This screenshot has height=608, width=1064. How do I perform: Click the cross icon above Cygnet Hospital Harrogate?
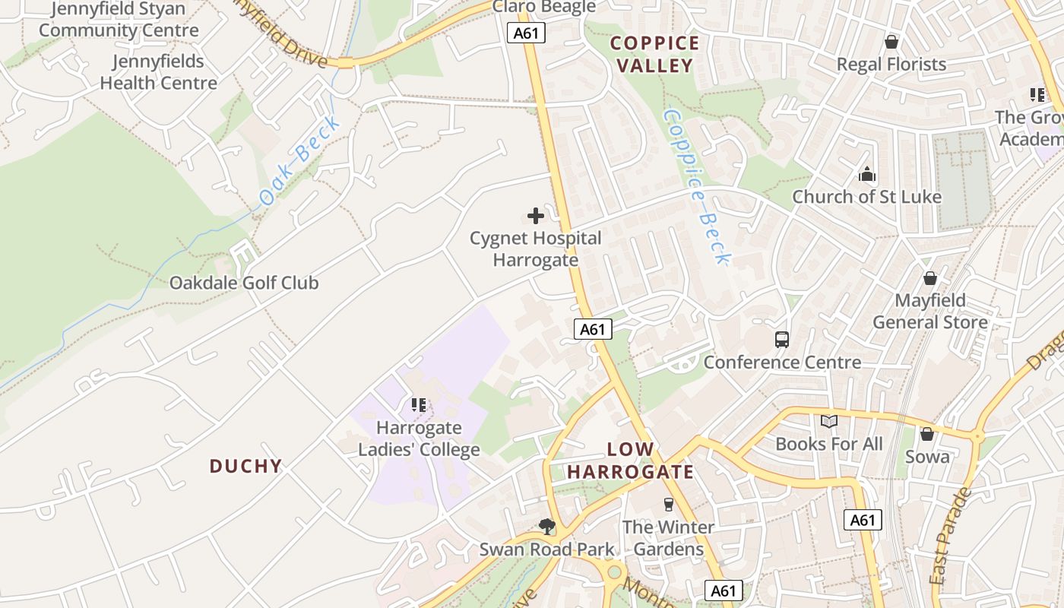536,216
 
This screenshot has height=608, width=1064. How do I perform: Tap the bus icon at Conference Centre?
782,340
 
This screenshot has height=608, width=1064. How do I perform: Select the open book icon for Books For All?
828,421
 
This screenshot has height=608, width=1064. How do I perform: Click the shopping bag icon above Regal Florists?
891,42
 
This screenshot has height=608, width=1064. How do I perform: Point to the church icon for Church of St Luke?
867,175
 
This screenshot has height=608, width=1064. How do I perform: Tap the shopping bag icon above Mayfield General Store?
930,278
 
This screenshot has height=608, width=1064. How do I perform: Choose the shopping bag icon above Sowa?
927,434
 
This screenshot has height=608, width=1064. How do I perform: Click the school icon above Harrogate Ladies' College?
419,405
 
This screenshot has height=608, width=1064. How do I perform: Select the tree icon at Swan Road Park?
546,526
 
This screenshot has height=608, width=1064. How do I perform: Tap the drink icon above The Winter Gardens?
669,505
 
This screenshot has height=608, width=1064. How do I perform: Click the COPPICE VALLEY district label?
655,54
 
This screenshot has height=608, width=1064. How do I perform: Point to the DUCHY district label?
245,466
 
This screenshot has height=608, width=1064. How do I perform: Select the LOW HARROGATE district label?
630,461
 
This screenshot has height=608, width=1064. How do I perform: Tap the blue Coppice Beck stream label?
696,186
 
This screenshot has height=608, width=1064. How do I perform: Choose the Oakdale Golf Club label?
244,283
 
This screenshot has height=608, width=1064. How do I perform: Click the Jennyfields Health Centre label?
159,72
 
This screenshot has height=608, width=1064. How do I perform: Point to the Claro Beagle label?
544,8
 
